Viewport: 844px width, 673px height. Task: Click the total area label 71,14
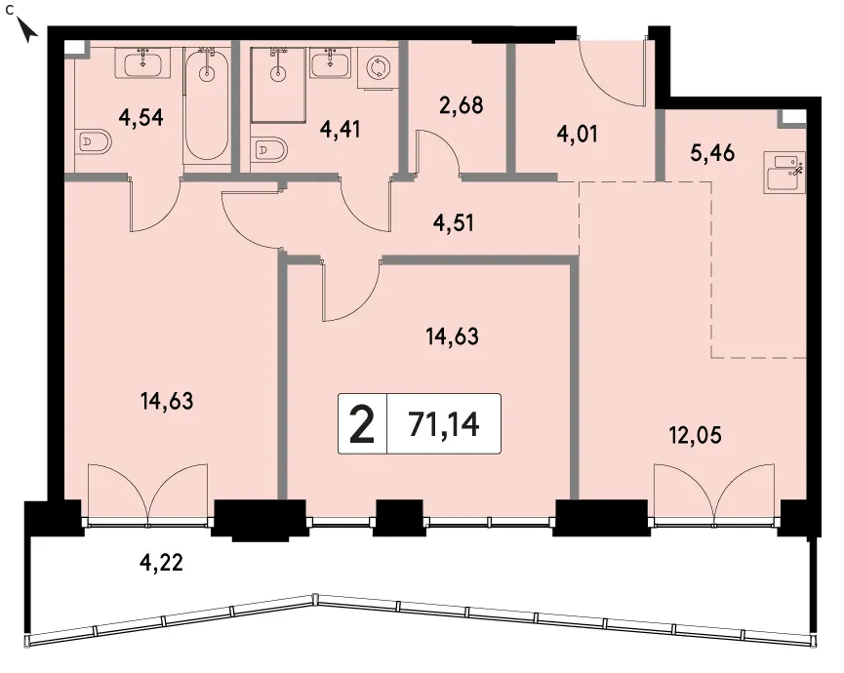pyautogui.click(x=444, y=424)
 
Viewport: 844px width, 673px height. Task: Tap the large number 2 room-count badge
pyautogui.click(x=362, y=425)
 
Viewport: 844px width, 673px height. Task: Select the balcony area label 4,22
pyautogui.click(x=161, y=563)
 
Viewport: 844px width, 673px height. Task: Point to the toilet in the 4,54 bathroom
pyautogui.click(x=93, y=143)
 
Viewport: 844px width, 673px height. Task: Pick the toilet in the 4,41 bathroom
pyautogui.click(x=268, y=149)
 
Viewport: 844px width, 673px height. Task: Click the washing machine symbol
pyautogui.click(x=379, y=67)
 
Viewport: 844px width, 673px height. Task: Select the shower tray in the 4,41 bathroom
pyautogui.click(x=278, y=84)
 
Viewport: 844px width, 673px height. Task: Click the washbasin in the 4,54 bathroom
pyautogui.click(x=142, y=63)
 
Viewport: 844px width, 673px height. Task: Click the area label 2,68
pyautogui.click(x=462, y=105)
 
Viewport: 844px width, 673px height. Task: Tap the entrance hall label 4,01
pyautogui.click(x=578, y=134)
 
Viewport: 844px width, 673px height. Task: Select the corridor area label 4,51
pyautogui.click(x=453, y=222)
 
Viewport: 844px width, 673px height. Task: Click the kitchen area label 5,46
pyautogui.click(x=712, y=153)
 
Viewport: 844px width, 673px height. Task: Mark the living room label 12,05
pyautogui.click(x=695, y=435)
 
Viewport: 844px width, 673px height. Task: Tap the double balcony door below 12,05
pyautogui.click(x=714, y=493)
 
